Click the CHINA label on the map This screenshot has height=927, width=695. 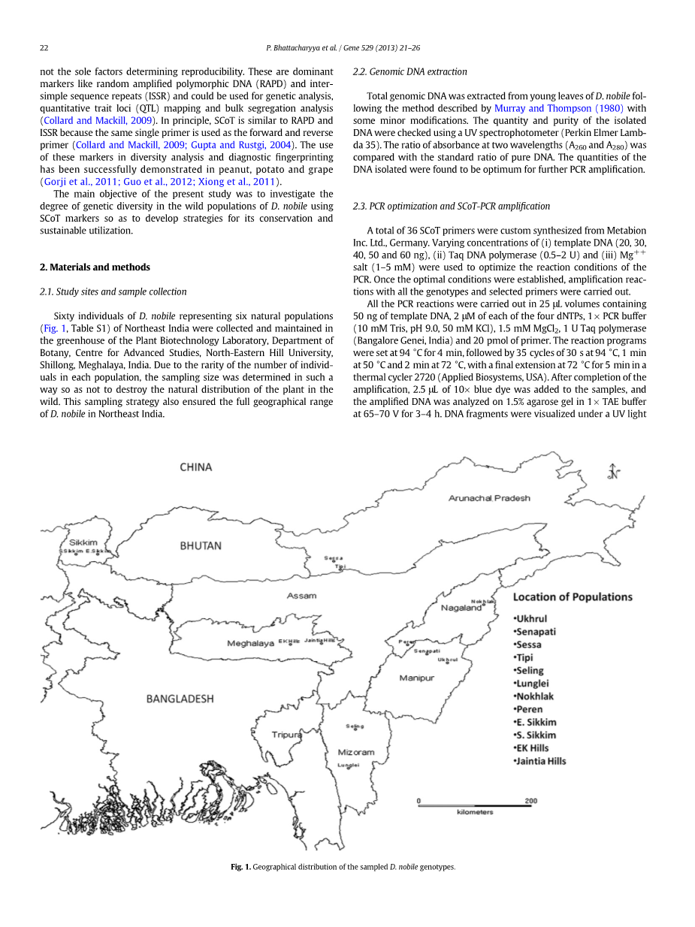pyautogui.click(x=196, y=467)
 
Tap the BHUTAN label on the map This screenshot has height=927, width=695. pyautogui.click(x=201, y=546)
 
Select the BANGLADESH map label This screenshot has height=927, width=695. pyautogui.click(x=180, y=699)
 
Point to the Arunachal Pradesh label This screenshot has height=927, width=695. pyautogui.click(x=489, y=498)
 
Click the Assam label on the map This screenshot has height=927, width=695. pyautogui.click(x=301, y=596)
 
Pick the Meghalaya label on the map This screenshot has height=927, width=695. pyautogui.click(x=251, y=644)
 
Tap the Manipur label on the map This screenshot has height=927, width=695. pyautogui.click(x=416, y=678)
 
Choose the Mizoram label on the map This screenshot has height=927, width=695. pyautogui.click(x=355, y=752)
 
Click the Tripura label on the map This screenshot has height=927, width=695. pyautogui.click(x=286, y=734)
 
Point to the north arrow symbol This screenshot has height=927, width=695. pyautogui.click(x=615, y=473)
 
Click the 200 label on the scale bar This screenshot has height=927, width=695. pyautogui.click(x=531, y=801)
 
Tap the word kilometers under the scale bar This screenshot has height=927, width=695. pyautogui.click(x=475, y=812)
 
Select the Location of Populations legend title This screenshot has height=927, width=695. pyautogui.click(x=573, y=597)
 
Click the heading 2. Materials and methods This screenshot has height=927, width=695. pyautogui.click(x=95, y=267)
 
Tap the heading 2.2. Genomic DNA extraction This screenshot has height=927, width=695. pyautogui.click(x=409, y=71)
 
